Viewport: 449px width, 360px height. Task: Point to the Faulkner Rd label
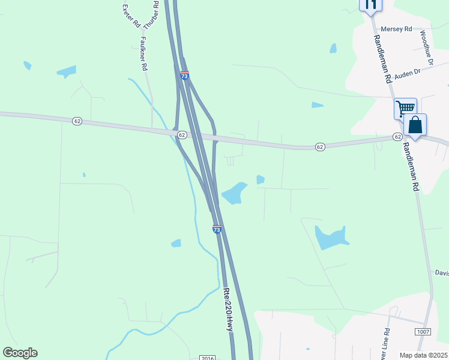pyautogui.click(x=143, y=54)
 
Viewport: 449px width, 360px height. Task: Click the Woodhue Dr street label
pyautogui.click(x=426, y=47)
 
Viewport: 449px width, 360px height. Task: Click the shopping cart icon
pyautogui.click(x=406, y=109)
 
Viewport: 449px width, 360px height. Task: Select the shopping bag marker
pyautogui.click(x=415, y=126)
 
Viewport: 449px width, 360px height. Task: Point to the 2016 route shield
pyautogui.click(x=207, y=358)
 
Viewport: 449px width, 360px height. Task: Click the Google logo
pyautogui.click(x=20, y=353)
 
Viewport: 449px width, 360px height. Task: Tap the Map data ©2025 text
pyautogui.click(x=424, y=355)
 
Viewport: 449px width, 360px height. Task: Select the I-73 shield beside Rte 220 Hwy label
pyautogui.click(x=217, y=229)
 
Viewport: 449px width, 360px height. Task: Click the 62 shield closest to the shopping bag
pyautogui.click(x=397, y=137)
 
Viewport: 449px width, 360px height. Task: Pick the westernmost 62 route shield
pyautogui.click(x=77, y=121)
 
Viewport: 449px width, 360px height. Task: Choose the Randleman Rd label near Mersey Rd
pyautogui.click(x=383, y=59)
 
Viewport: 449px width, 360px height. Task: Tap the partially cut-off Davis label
pyautogui.click(x=442, y=273)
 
